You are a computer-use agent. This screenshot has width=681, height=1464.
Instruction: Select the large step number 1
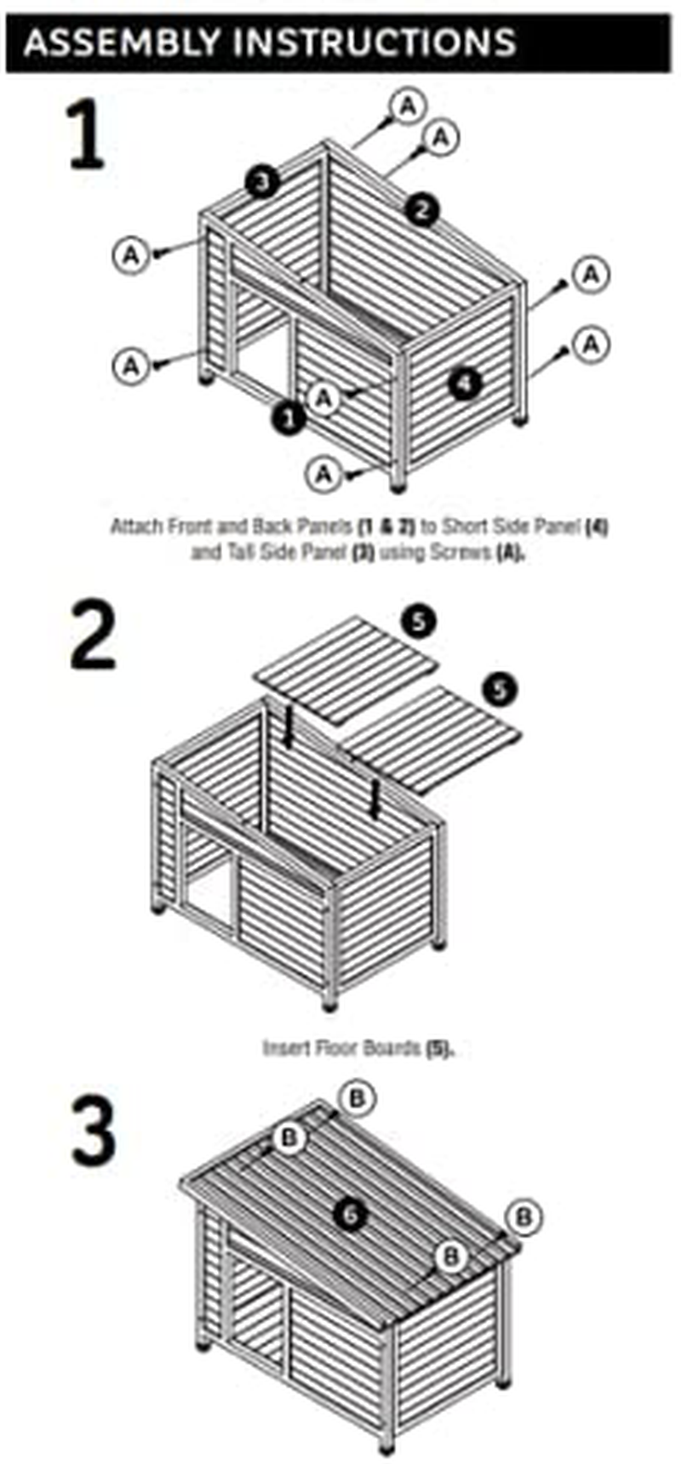88,134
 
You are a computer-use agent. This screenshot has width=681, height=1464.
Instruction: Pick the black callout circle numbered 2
423,208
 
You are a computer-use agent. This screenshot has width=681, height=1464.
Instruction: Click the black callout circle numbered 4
464,384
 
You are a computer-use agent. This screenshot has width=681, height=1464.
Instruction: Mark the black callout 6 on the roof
350,1214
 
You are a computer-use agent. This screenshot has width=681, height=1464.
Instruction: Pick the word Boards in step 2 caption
392,1047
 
